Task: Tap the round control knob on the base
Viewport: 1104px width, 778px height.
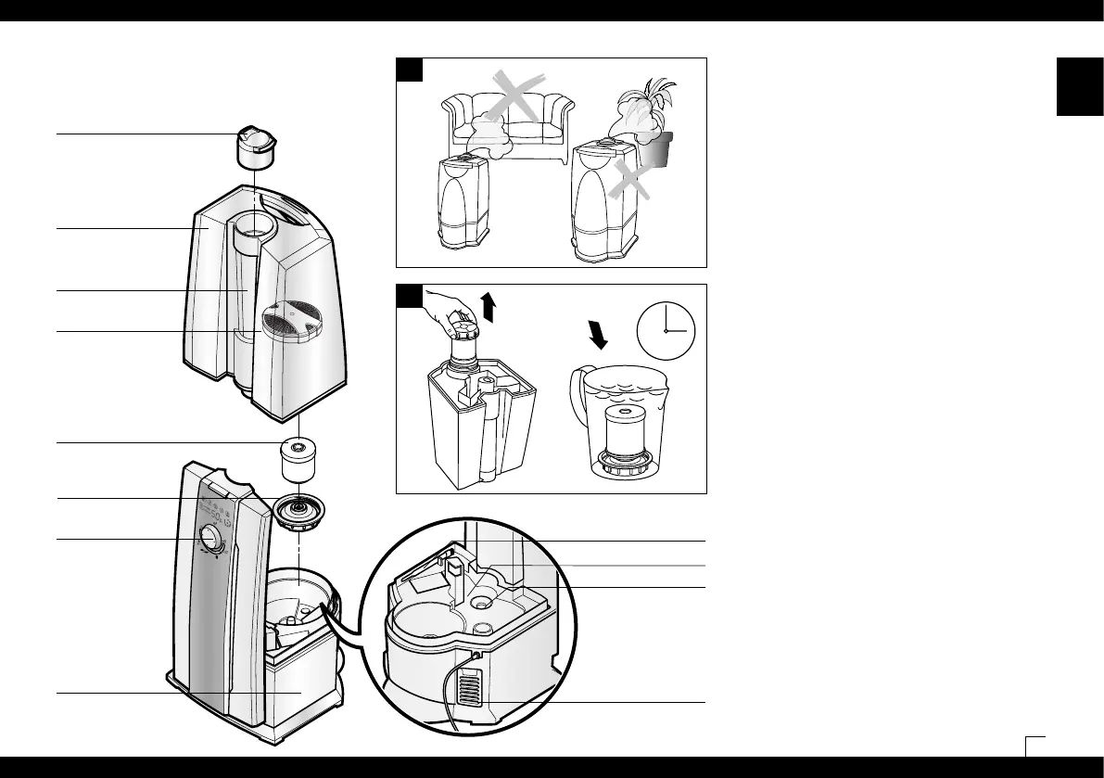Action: click(209, 540)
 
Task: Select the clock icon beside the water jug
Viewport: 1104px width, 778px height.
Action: click(666, 331)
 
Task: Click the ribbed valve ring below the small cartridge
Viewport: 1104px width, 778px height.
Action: click(298, 511)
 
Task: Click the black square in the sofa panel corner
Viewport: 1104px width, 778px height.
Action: click(410, 70)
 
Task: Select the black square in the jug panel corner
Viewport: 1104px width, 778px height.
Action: click(410, 296)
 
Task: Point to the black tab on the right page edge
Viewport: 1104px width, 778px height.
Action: click(1074, 87)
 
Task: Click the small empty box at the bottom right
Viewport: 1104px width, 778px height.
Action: click(1036, 746)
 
